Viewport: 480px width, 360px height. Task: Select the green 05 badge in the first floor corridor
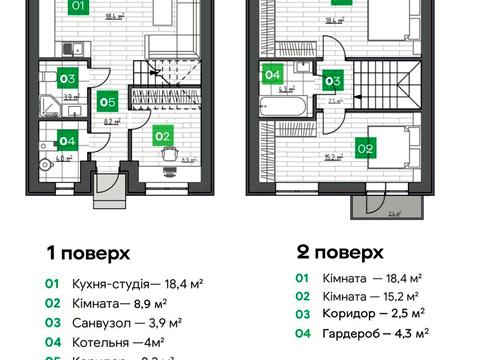[x=108, y=100]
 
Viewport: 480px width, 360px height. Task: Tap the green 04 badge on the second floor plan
[x=272, y=73]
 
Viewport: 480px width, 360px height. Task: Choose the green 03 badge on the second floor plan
[x=334, y=82]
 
